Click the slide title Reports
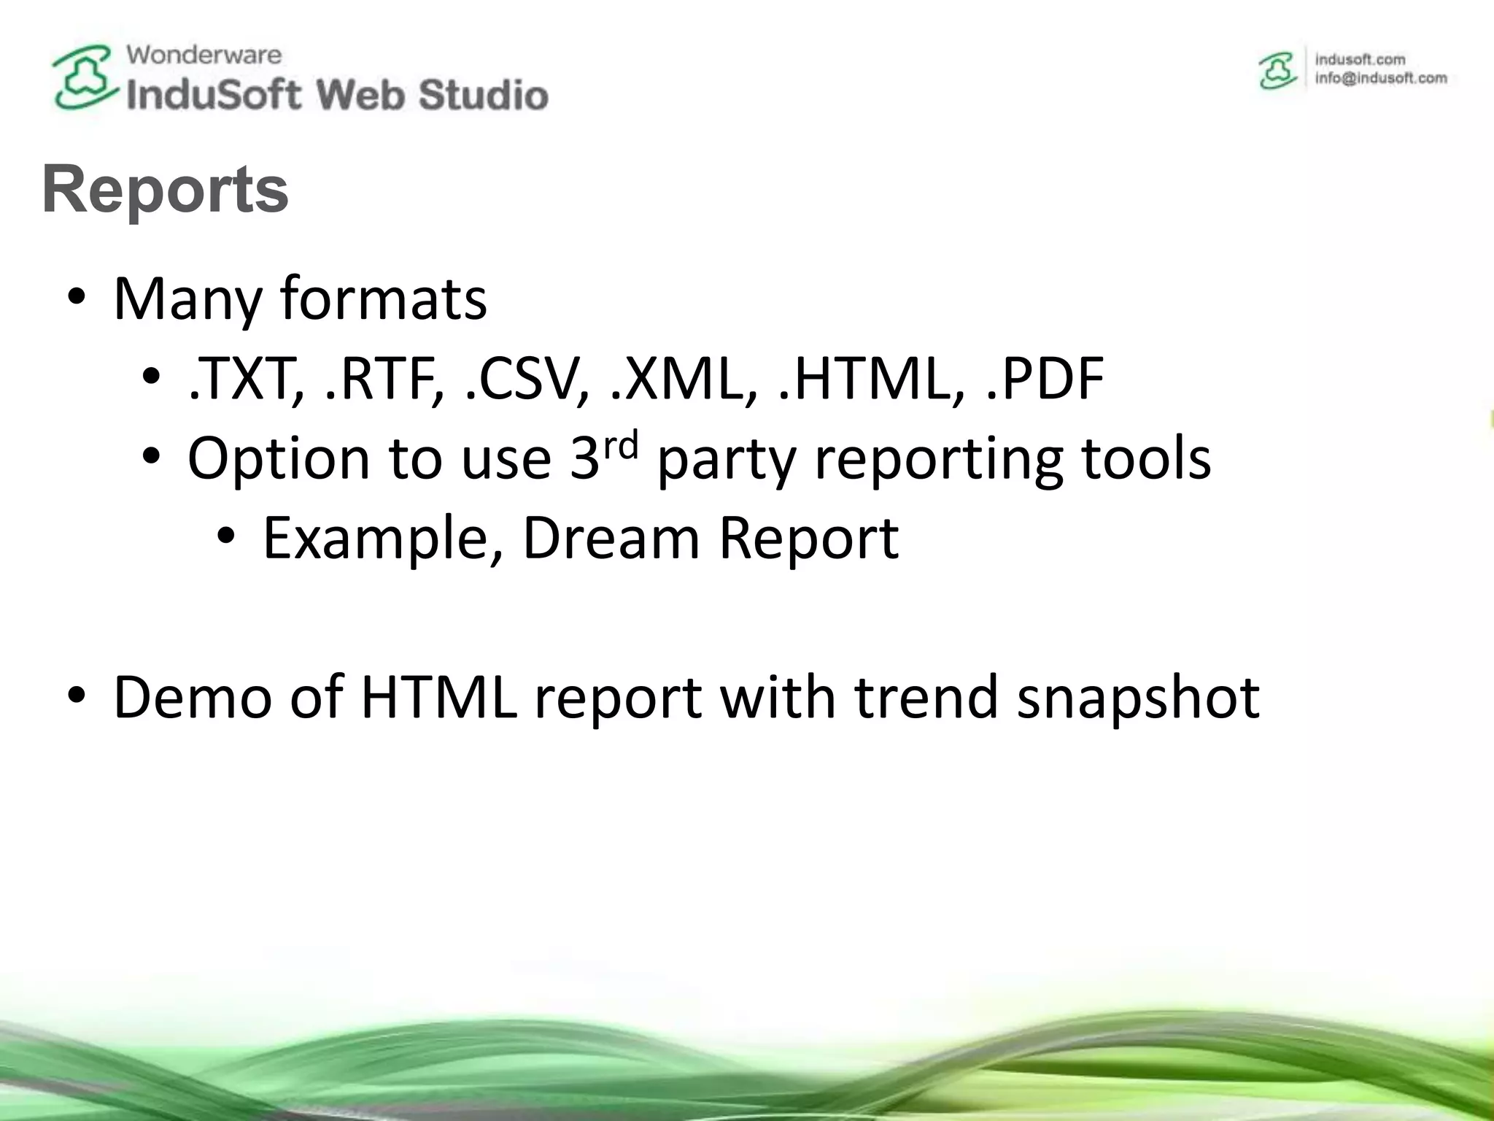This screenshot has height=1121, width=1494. [x=165, y=190]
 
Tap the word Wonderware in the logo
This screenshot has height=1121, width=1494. [x=204, y=55]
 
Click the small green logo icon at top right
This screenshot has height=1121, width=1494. [x=1277, y=71]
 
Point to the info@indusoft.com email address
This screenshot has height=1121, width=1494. [x=1381, y=79]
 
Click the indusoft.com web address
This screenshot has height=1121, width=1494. [x=1360, y=59]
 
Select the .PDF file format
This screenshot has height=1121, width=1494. [x=1044, y=379]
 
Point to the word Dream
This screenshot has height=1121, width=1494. [x=611, y=538]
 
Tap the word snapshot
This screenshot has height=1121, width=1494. [x=1138, y=698]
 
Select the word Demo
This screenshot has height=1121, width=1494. [x=192, y=696]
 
